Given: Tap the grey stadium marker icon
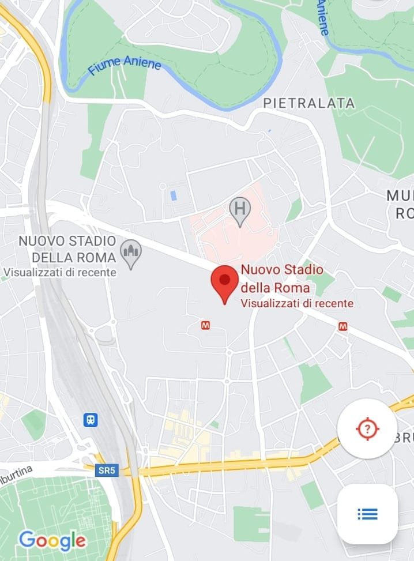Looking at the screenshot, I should (131, 253).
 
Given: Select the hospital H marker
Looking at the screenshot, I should (240, 209).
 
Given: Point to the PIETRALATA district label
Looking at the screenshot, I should (309, 103).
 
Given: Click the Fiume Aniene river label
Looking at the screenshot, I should (124, 68).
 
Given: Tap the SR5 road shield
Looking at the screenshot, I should (107, 470).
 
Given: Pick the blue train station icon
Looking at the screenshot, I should (91, 419).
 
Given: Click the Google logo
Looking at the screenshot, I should (52, 541).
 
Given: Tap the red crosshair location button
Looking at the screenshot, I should (367, 429).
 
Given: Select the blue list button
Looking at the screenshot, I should (367, 514).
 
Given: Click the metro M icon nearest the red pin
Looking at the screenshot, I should (205, 326).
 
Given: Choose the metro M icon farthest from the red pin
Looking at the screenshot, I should (344, 327).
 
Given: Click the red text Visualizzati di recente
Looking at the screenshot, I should (297, 303).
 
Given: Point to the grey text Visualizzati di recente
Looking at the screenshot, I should (60, 272).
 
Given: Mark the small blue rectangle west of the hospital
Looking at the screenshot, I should (174, 194).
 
